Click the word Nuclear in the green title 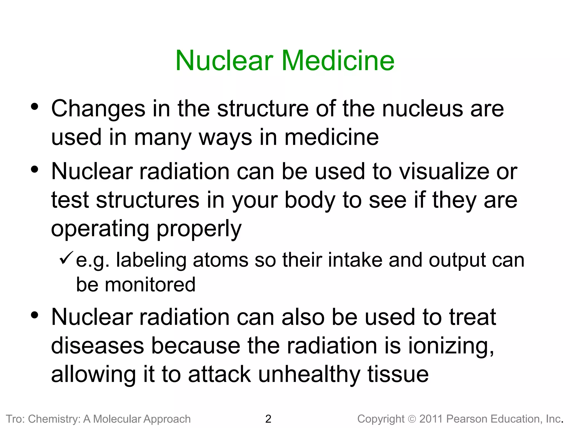click(224, 61)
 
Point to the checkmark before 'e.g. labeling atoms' click(66, 258)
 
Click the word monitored click(150, 285)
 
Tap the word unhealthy click(309, 375)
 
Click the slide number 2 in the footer click(268, 419)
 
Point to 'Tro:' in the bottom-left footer click(15, 419)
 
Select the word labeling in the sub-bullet click(151, 261)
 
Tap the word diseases click(97, 346)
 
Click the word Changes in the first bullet click(98, 109)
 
